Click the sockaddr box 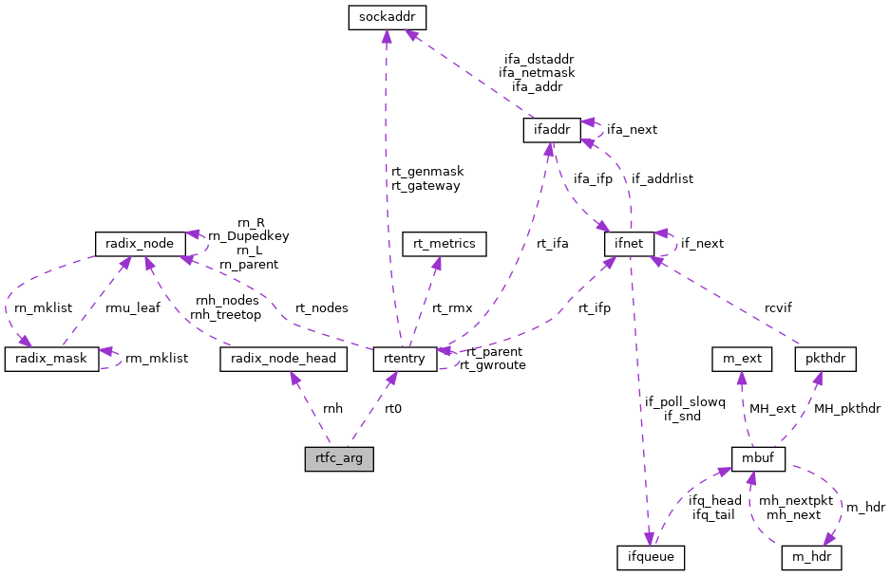pyautogui.click(x=385, y=17)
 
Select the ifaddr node pyautogui.click(x=551, y=130)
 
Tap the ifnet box pyautogui.click(x=630, y=244)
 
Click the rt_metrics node pyautogui.click(x=445, y=244)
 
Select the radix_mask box pyautogui.click(x=52, y=359)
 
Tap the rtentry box pyautogui.click(x=405, y=359)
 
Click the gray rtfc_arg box pyautogui.click(x=339, y=459)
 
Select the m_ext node pyautogui.click(x=742, y=359)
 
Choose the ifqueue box pyautogui.click(x=650, y=557)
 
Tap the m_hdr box pyautogui.click(x=811, y=557)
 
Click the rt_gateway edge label pyautogui.click(x=426, y=186)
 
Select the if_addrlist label pyautogui.click(x=662, y=178)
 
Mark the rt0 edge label pyautogui.click(x=393, y=409)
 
